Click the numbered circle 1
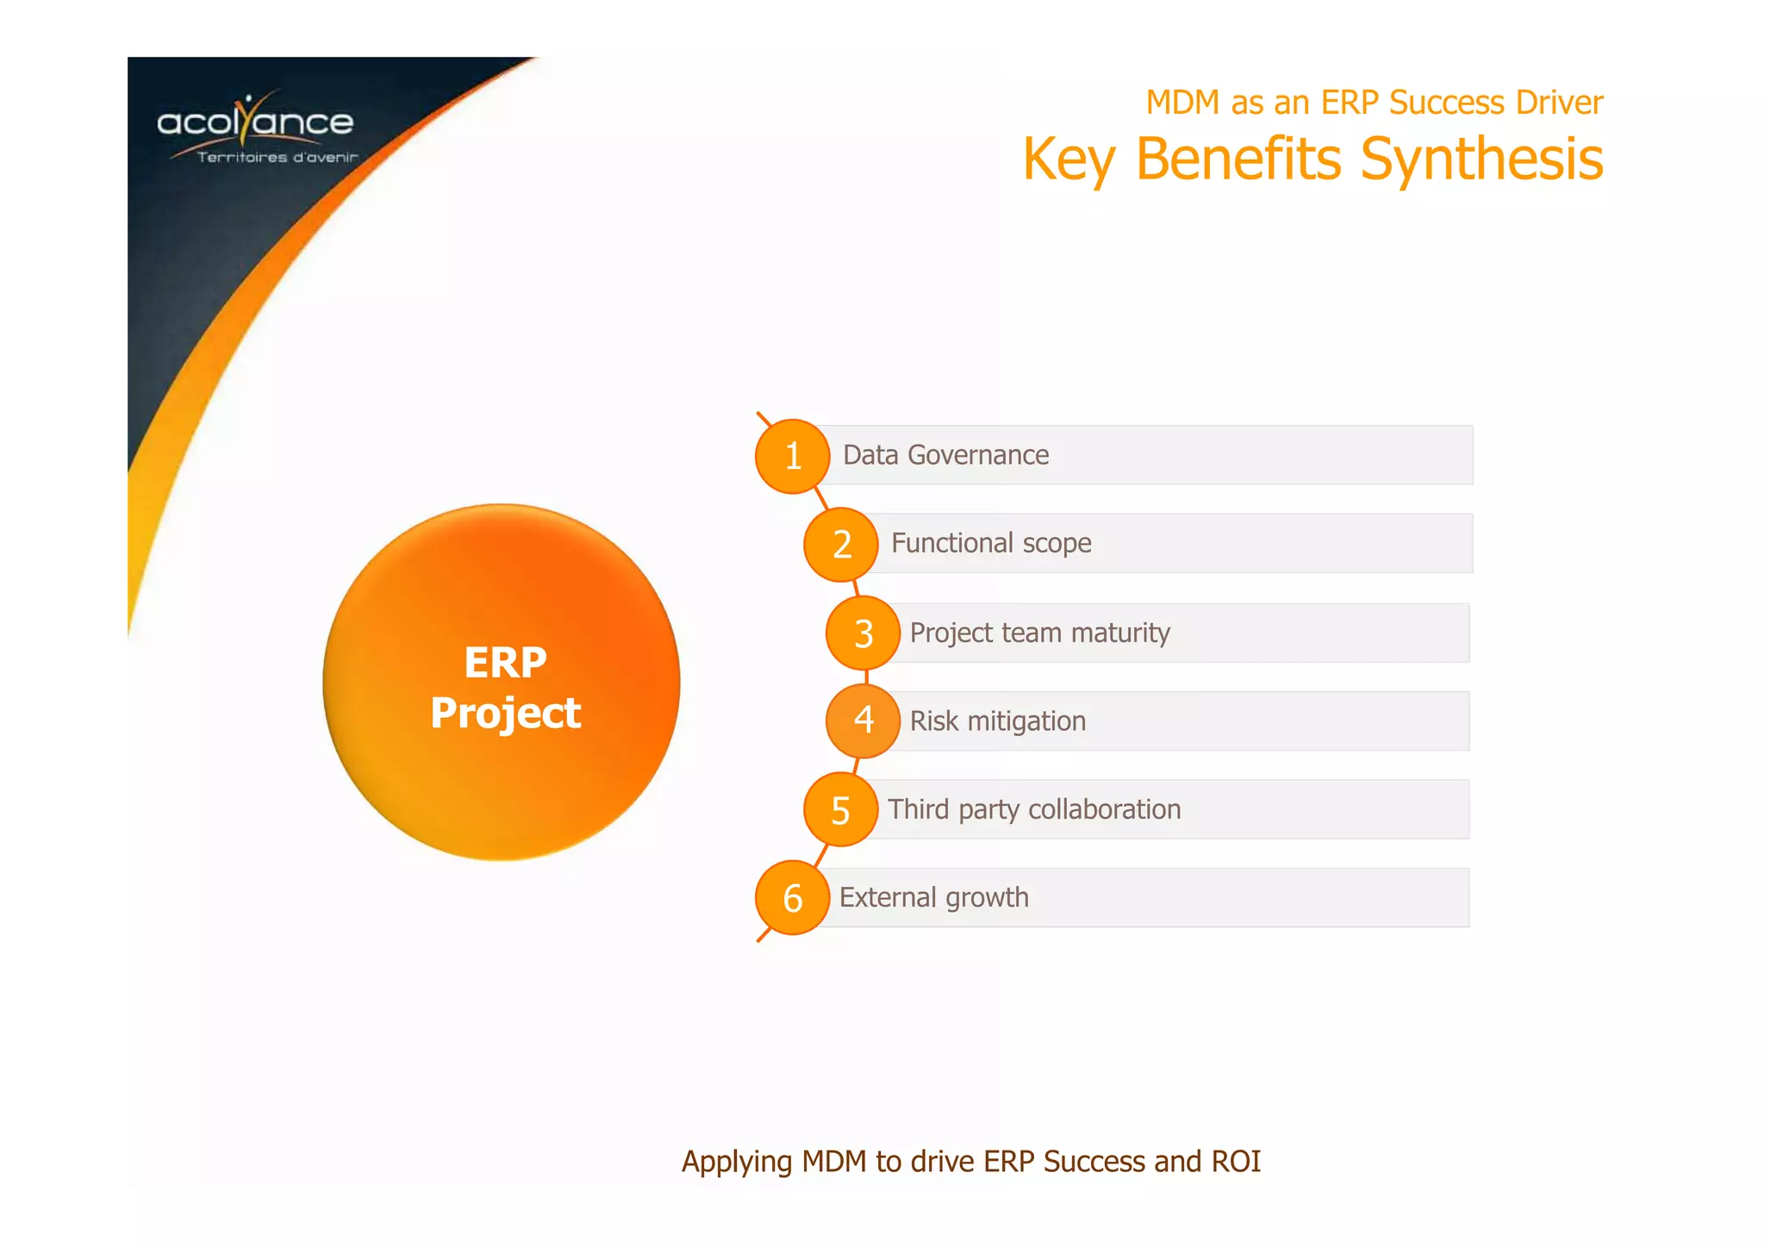coord(792,456)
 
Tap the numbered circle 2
coord(840,545)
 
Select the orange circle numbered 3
coord(863,633)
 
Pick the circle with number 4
coord(863,720)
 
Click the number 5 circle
coord(840,810)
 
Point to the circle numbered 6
coord(792,898)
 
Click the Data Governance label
coord(945,455)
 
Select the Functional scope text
coord(991,544)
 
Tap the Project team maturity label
coord(1039,633)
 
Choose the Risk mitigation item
coord(997,721)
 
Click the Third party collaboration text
coord(1034,810)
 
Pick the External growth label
coord(933,898)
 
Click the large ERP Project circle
coord(502,683)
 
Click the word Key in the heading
coord(1069,160)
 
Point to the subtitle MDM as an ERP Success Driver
coord(1374,103)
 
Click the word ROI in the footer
coord(1236,1162)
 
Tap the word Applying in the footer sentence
coord(736,1163)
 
